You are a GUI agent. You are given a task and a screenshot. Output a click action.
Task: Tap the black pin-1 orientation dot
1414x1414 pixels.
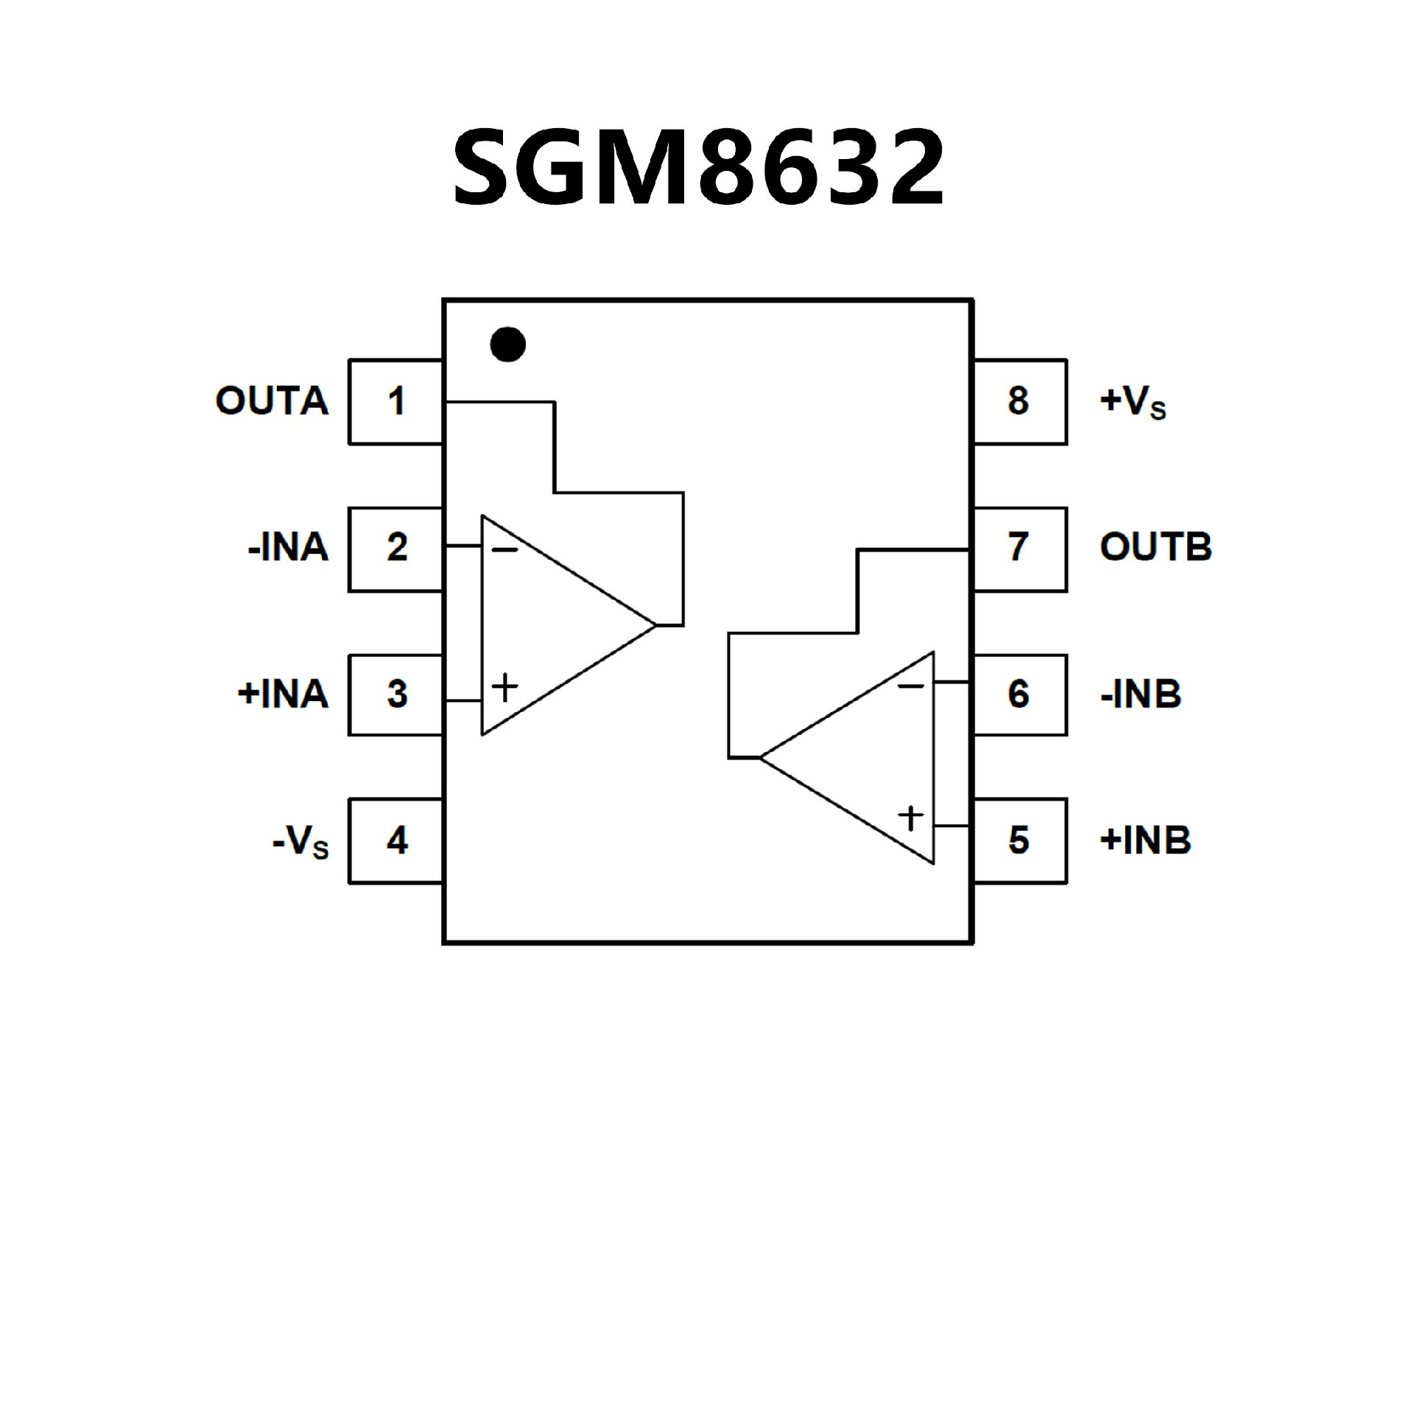tap(507, 344)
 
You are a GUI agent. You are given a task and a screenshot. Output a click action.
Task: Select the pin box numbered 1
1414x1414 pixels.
tap(396, 402)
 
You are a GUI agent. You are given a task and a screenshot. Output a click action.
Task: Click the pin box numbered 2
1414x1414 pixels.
tap(396, 549)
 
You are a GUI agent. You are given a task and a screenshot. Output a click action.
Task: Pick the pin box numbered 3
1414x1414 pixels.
tap(396, 694)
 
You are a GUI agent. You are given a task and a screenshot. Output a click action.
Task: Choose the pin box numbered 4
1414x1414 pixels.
tap(396, 841)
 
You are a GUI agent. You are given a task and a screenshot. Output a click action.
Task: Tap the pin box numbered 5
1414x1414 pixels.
tap(1019, 841)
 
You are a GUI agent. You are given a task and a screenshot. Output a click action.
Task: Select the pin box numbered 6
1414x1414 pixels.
tap(1019, 694)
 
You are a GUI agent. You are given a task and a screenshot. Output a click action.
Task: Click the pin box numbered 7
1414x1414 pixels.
tap(1019, 549)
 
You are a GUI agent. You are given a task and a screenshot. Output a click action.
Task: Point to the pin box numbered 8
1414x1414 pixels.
tap(1019, 402)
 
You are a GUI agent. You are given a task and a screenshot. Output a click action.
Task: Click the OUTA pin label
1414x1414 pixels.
tap(272, 401)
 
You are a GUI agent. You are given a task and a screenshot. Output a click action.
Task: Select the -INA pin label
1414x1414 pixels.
tap(288, 548)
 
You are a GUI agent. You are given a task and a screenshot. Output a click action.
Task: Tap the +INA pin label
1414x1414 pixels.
tap(283, 694)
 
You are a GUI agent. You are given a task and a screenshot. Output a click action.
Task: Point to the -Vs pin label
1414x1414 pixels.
tap(300, 842)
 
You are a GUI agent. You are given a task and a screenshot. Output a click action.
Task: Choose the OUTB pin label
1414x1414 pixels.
tap(1156, 548)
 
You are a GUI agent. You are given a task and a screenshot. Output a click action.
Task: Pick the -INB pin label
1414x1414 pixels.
tap(1141, 694)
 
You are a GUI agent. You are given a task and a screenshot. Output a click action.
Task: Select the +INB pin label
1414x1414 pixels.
tap(1145, 841)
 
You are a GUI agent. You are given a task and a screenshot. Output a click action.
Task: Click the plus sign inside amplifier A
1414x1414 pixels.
tap(505, 688)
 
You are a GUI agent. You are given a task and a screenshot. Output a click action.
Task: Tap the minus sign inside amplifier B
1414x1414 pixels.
tap(911, 686)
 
